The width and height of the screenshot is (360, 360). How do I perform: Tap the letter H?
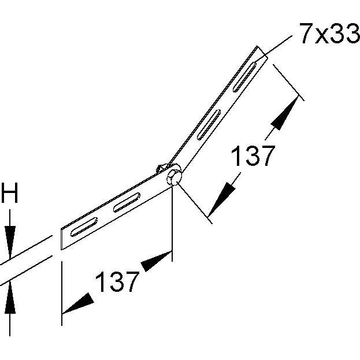tap(10, 194)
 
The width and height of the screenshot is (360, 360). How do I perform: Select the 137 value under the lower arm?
tap(117, 282)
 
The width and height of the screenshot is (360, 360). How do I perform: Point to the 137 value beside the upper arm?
tap(253, 157)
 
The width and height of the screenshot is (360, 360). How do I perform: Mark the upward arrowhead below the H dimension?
tap(10, 296)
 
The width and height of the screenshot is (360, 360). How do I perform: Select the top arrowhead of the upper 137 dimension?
tap(285, 114)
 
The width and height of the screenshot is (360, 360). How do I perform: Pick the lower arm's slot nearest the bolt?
tap(127, 202)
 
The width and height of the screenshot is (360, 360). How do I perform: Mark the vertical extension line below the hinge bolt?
tap(172, 220)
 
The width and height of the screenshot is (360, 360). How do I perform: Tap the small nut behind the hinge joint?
tap(160, 169)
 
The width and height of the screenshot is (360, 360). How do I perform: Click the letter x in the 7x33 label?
tap(321, 36)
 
